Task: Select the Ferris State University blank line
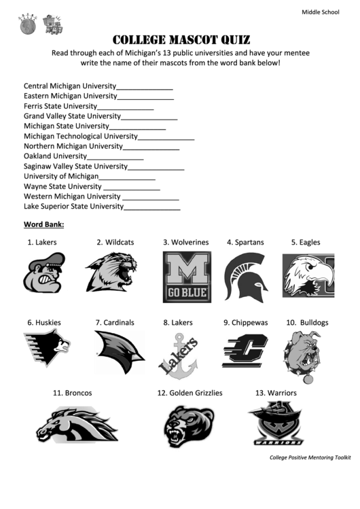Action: pos(126,108)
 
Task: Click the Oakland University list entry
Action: pos(56,156)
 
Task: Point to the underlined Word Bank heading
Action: pos(44,224)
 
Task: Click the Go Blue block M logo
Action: pos(187,277)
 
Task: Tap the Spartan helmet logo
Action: pos(245,277)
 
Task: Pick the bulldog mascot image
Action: pos(302,355)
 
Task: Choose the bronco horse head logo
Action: pos(77,425)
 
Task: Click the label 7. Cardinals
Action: pos(115,322)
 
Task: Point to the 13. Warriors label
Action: pos(276,393)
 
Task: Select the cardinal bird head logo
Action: pos(119,352)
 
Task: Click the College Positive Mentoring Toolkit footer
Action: pos(310,457)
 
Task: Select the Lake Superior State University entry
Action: pos(73,206)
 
